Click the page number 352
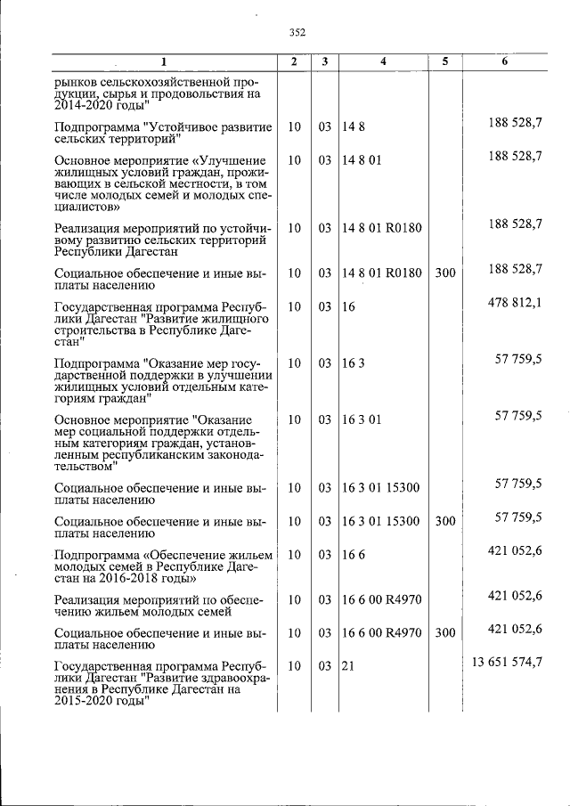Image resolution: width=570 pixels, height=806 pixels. (x=297, y=33)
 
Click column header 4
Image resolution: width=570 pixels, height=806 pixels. (x=383, y=61)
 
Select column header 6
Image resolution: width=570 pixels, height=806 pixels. (x=504, y=61)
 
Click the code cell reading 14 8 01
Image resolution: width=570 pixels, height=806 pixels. (x=362, y=161)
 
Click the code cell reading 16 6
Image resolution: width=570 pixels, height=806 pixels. (x=354, y=555)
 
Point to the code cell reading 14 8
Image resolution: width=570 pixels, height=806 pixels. (x=354, y=127)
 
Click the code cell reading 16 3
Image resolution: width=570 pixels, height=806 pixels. (x=354, y=363)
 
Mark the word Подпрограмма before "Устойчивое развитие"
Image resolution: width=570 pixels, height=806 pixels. (x=96, y=127)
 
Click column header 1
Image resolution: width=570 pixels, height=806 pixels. (x=163, y=61)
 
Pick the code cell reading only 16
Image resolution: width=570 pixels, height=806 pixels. (x=349, y=307)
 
